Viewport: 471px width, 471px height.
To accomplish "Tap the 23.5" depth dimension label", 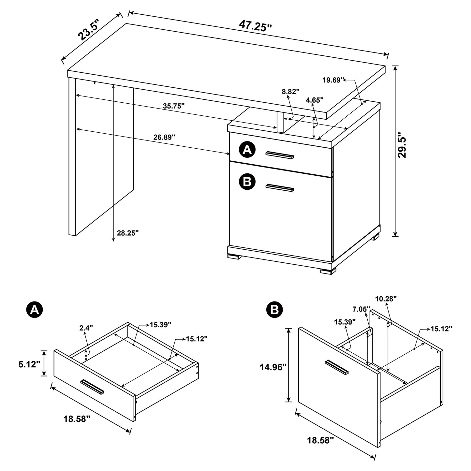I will (88, 30).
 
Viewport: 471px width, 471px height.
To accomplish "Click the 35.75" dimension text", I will (174, 106).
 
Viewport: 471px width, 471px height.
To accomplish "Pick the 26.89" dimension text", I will (164, 137).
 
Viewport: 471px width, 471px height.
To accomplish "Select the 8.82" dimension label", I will (291, 92).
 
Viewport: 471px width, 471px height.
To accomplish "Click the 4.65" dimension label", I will (315, 100).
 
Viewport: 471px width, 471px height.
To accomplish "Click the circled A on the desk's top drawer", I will (247, 150).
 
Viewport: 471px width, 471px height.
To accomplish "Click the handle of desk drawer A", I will (280, 155).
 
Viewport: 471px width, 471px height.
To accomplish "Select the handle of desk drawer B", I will (280, 187).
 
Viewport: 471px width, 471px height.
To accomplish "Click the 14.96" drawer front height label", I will (273, 367).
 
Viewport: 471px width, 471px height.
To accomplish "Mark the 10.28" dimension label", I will (386, 298).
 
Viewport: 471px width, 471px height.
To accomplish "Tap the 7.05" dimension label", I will (361, 309).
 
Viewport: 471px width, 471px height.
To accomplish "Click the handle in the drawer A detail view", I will (92, 387).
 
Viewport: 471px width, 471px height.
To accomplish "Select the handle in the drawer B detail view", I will (337, 367).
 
